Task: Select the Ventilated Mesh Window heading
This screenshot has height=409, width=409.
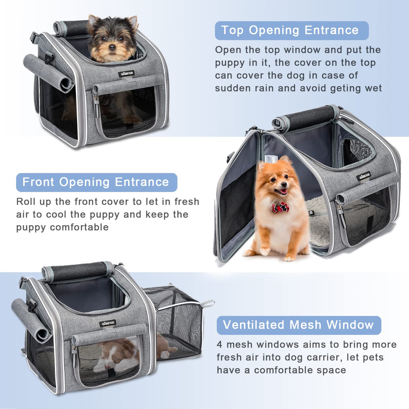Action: (298, 325)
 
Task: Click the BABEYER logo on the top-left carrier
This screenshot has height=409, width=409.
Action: (126, 73)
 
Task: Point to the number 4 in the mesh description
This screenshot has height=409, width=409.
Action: (220, 345)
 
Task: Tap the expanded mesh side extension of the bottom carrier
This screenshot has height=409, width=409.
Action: (175, 320)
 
